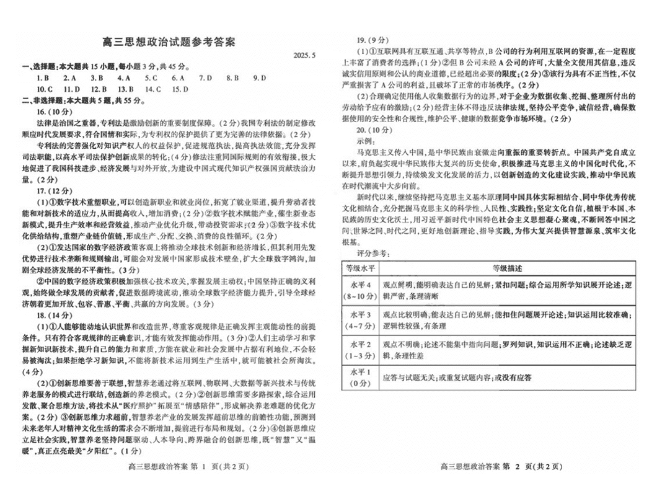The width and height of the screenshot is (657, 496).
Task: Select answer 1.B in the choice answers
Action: (x=43, y=77)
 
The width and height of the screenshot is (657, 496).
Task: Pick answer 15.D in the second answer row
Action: (x=180, y=89)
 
